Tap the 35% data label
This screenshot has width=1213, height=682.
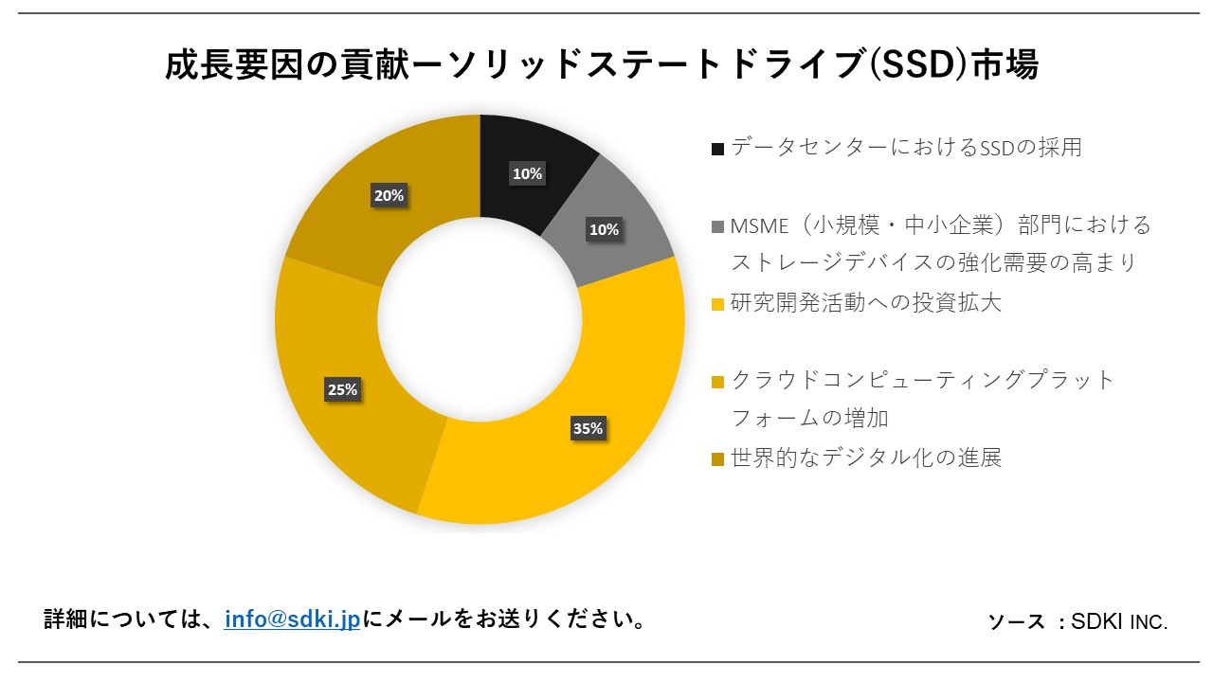pyautogui.click(x=587, y=428)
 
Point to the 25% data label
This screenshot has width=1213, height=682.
pyautogui.click(x=342, y=389)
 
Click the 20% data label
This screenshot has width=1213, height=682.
pyautogui.click(x=389, y=196)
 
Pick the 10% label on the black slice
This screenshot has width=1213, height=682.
pyautogui.click(x=527, y=174)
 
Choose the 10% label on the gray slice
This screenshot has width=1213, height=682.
pyautogui.click(x=604, y=229)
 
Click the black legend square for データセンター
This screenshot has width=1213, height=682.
pyautogui.click(x=717, y=149)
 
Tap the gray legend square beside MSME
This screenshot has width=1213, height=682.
pyautogui.click(x=717, y=227)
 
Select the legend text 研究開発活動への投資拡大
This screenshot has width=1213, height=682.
pyautogui.click(x=865, y=303)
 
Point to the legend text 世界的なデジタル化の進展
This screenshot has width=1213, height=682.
pyautogui.click(x=865, y=458)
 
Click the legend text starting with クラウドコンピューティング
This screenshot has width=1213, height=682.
pyautogui.click(x=924, y=381)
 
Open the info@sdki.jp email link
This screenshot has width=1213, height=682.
pyautogui.click(x=292, y=619)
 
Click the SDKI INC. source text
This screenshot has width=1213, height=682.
pyautogui.click(x=1119, y=622)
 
